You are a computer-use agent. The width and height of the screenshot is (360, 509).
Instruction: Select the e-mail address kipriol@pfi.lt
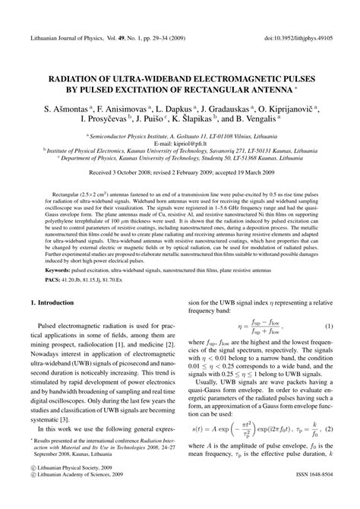click(180, 141)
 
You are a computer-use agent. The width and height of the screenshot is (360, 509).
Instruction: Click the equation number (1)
click(330, 327)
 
